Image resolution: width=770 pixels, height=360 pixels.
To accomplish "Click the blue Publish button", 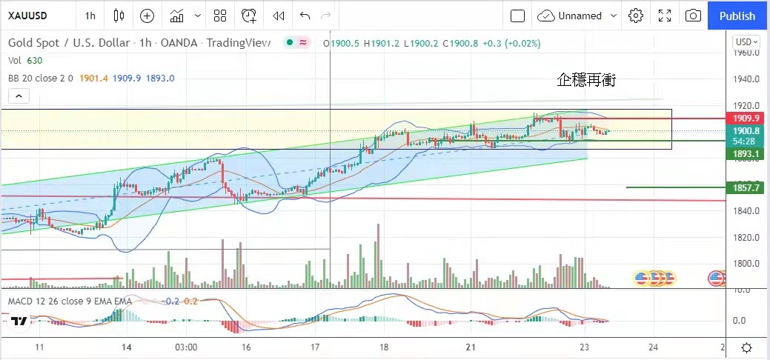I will [737, 16].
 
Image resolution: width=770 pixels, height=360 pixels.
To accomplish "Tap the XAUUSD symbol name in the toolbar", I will [30, 16].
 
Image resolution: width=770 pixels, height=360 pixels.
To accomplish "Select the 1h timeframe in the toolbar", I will [90, 16].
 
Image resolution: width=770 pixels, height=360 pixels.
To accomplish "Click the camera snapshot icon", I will [693, 16].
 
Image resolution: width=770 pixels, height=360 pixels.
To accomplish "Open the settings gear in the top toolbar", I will [635, 16].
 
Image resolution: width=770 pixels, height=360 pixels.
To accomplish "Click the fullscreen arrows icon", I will [665, 16].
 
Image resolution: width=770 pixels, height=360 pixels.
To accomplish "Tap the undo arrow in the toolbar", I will [305, 16].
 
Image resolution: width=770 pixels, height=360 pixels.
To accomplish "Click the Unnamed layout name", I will [580, 16].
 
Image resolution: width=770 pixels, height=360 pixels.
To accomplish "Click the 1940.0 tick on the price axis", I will [745, 79].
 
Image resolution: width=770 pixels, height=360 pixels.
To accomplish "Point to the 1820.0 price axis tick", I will [745, 237].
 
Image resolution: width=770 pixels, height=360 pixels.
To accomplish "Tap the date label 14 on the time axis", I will [127, 347].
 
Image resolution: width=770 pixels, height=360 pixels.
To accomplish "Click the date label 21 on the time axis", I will [470, 347].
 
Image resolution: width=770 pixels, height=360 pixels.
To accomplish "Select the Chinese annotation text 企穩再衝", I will [586, 80].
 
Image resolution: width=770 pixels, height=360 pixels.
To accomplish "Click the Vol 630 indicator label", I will [24, 61].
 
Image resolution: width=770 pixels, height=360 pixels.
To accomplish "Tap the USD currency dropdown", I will [746, 42].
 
